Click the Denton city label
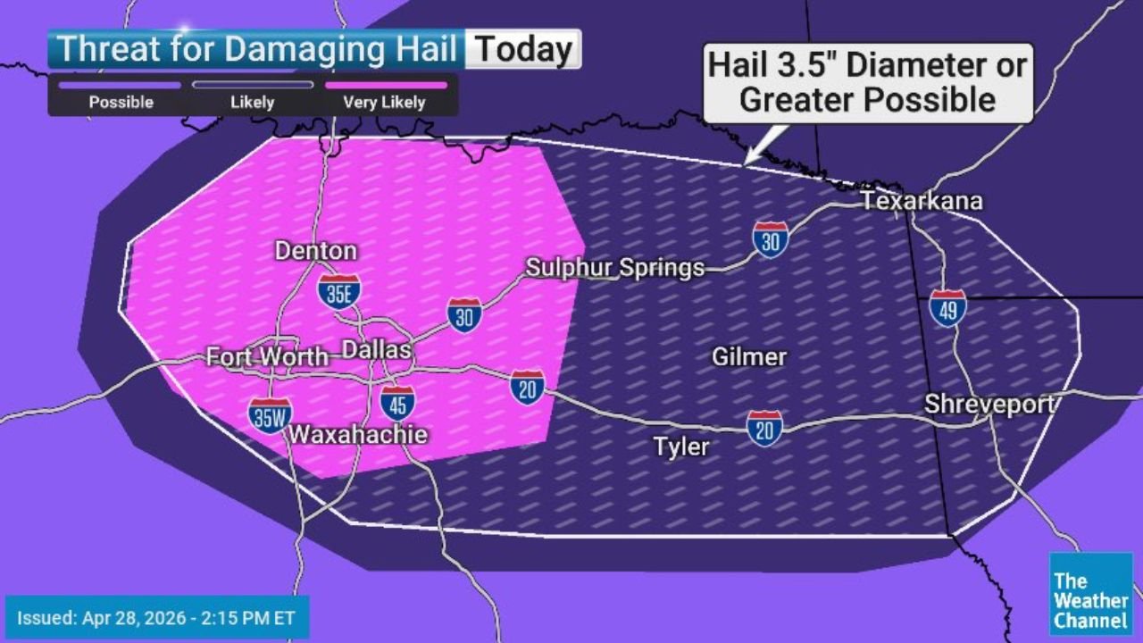pyautogui.click(x=316, y=251)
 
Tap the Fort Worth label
pyautogui.click(x=267, y=357)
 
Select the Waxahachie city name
pyautogui.click(x=357, y=435)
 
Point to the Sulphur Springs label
pyautogui.click(x=615, y=267)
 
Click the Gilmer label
pyautogui.click(x=749, y=357)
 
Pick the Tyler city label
pyautogui.click(x=681, y=447)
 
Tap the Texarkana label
pyautogui.click(x=922, y=201)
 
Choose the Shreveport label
pyautogui.click(x=989, y=404)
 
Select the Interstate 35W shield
pyautogui.click(x=271, y=415)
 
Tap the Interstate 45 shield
pyautogui.click(x=397, y=404)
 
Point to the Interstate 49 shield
pyautogui.click(x=947, y=308)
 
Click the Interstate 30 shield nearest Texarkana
pyautogui.click(x=770, y=239)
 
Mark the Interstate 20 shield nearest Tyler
pyautogui.click(x=765, y=429)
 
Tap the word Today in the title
pyautogui.click(x=523, y=49)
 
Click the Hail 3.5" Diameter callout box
pyautogui.click(x=867, y=82)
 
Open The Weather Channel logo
pyautogui.click(x=1090, y=594)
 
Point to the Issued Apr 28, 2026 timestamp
pyautogui.click(x=157, y=617)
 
